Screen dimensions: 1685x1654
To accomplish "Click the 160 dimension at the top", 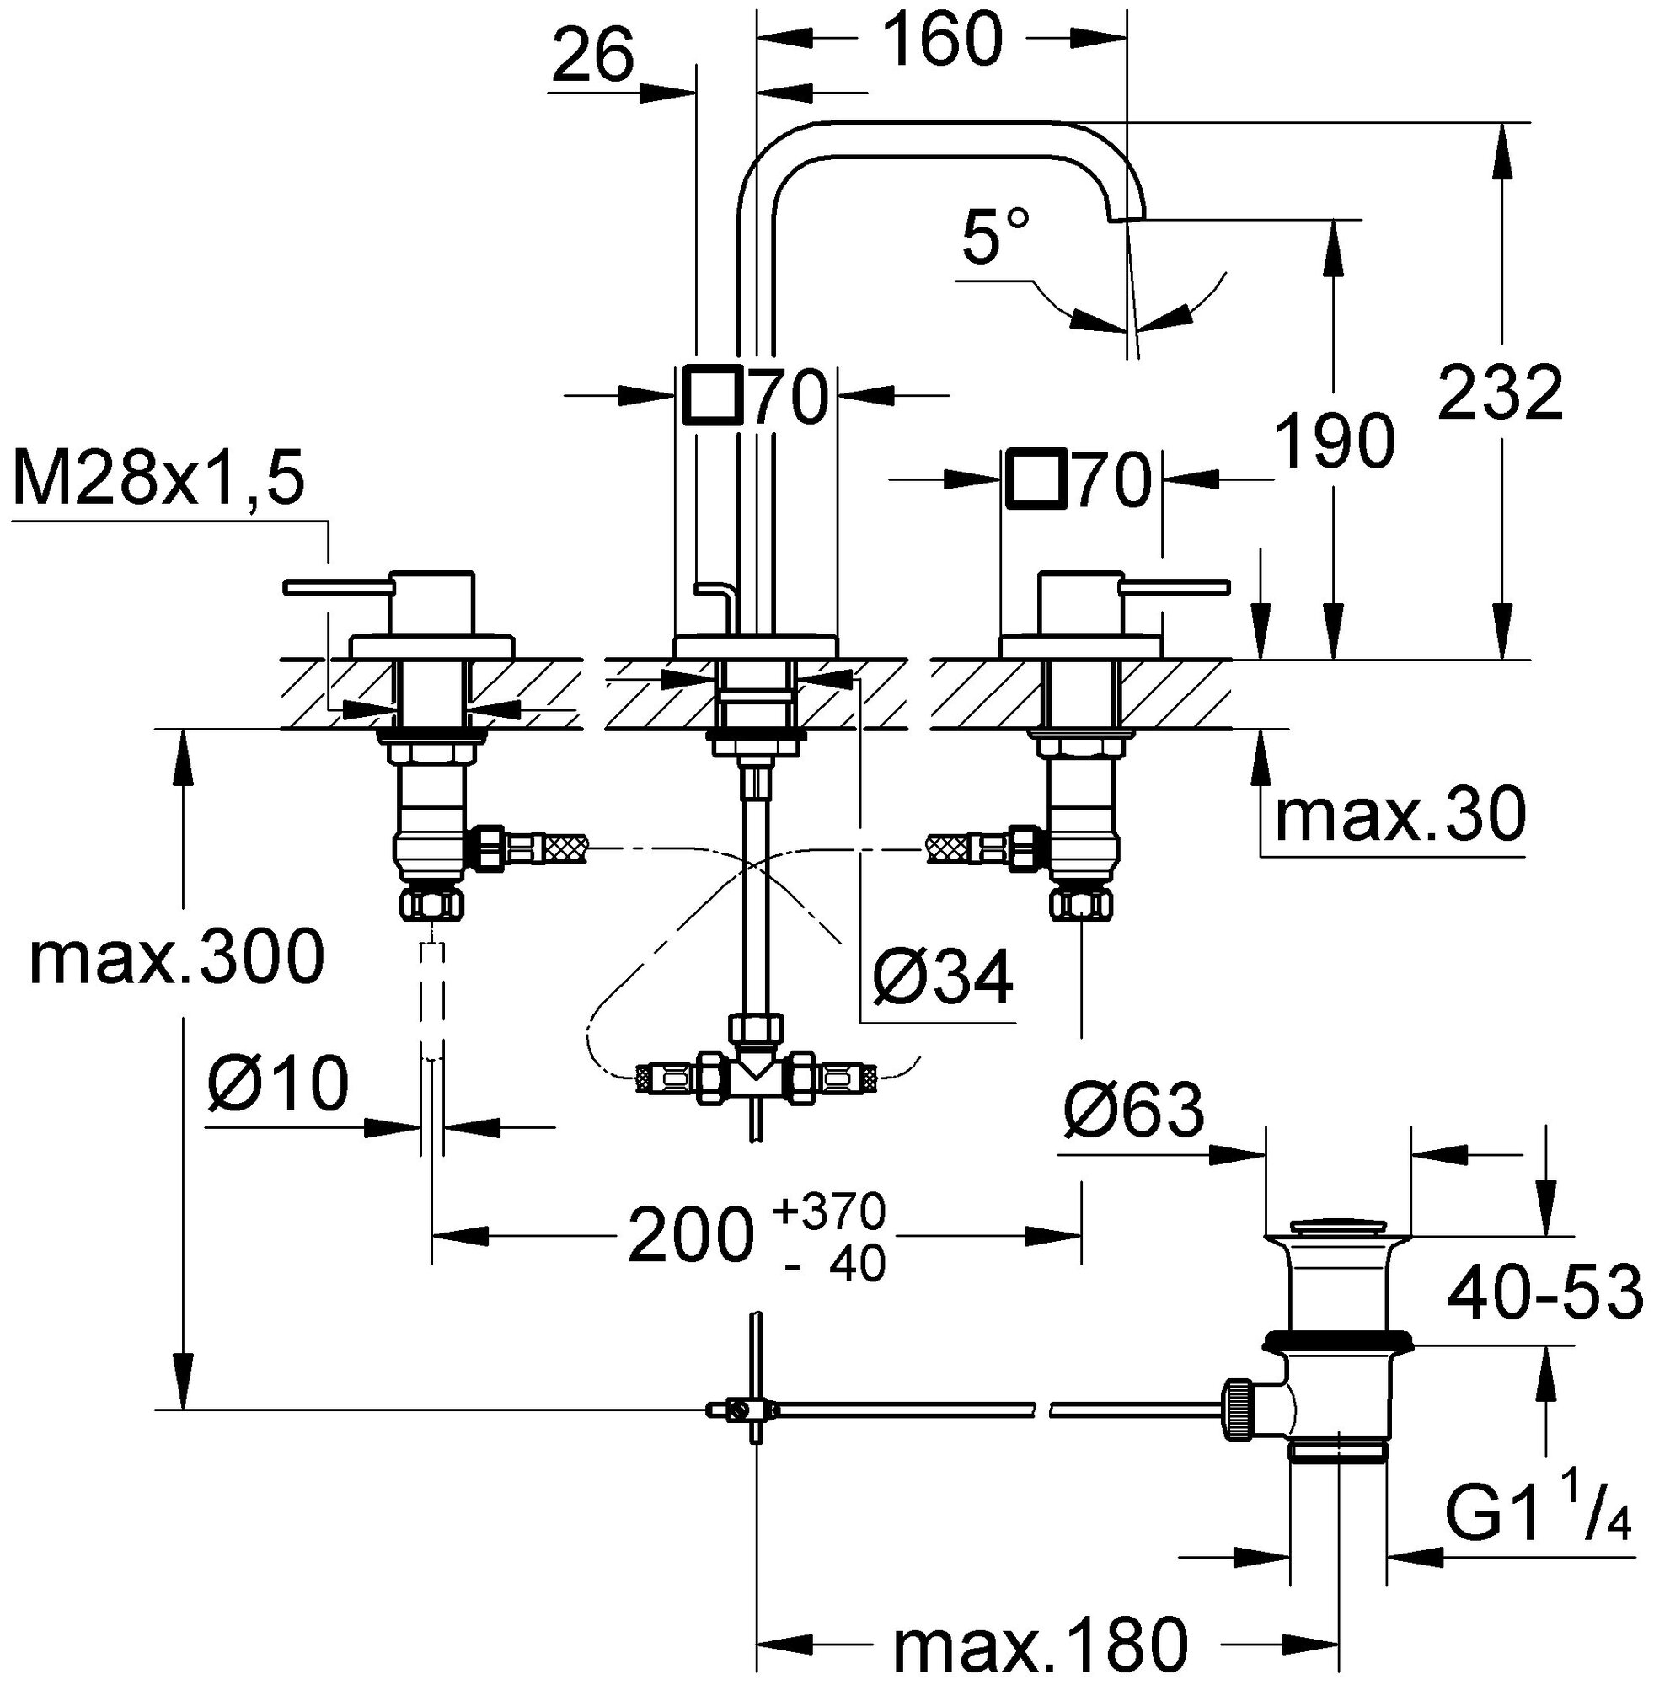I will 943,40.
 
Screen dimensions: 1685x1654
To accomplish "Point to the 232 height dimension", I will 1501,393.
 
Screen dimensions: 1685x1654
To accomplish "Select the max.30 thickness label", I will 1400,814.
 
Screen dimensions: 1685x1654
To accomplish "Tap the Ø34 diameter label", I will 942,979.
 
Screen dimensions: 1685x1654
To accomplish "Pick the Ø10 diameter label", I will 278,1085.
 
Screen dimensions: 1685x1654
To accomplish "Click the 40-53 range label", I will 1544,1292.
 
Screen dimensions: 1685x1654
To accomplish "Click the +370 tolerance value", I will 830,1209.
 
